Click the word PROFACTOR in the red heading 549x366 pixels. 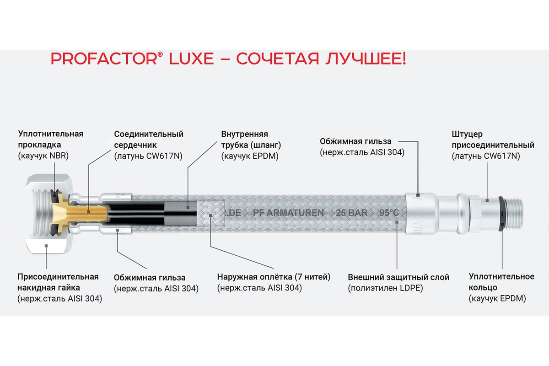(x=104, y=59)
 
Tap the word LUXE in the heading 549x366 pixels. (x=191, y=59)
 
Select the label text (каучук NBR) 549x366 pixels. (x=43, y=156)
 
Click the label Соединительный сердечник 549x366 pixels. (x=149, y=139)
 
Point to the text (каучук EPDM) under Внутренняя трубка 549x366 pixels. (x=250, y=156)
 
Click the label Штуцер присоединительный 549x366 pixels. (x=493, y=139)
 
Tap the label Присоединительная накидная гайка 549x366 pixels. (x=58, y=282)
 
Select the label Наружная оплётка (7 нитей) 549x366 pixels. (x=274, y=277)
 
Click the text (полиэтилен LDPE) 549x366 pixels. (x=385, y=288)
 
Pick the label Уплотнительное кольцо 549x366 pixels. (x=501, y=282)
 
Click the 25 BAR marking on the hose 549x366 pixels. (x=351, y=213)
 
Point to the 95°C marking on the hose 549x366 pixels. (x=389, y=213)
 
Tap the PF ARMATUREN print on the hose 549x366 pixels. (x=288, y=213)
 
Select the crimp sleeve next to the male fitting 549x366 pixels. (x=421, y=213)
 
